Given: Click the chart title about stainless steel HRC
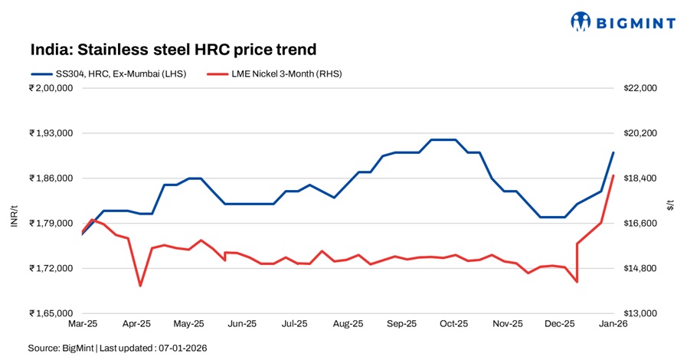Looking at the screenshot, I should coord(173,50).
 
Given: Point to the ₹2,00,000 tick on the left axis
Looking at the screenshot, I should coord(51,88).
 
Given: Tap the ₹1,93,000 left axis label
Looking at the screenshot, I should coord(51,133).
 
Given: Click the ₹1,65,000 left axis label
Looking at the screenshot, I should coord(51,313).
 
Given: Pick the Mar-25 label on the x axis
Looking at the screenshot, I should coord(83,324).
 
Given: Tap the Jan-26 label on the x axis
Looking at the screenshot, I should coord(613,324).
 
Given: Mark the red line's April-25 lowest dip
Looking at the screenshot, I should coord(140,286).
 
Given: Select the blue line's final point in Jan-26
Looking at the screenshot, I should coord(613,152).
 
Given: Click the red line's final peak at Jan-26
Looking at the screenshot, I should coord(613,176).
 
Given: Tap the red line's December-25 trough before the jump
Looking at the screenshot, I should coord(576,282).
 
